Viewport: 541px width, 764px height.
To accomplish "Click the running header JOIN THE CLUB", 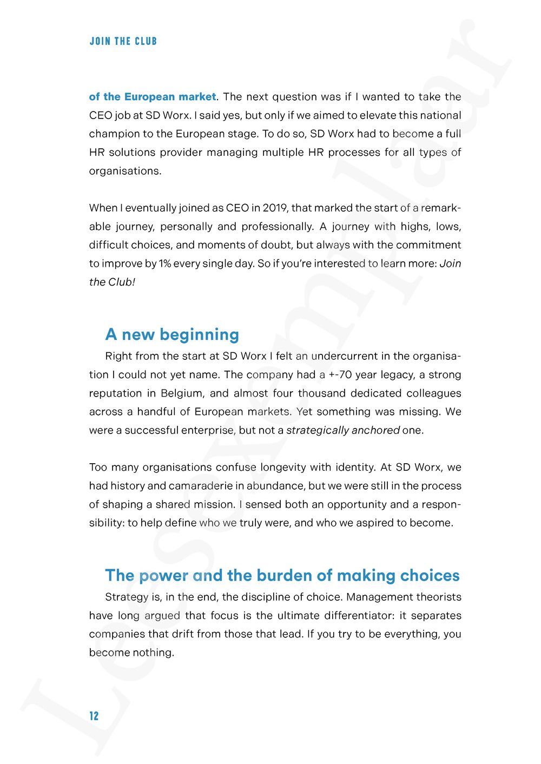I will [123, 41].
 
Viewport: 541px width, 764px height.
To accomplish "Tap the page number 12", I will [94, 716].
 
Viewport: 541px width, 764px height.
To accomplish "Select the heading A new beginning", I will [172, 334].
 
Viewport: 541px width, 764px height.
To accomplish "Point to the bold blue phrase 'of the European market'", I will [153, 97].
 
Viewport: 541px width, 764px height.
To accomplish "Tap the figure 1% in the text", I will [164, 264].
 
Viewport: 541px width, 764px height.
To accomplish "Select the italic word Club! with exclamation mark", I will [121, 282].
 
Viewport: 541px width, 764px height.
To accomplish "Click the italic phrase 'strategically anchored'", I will [342, 430].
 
